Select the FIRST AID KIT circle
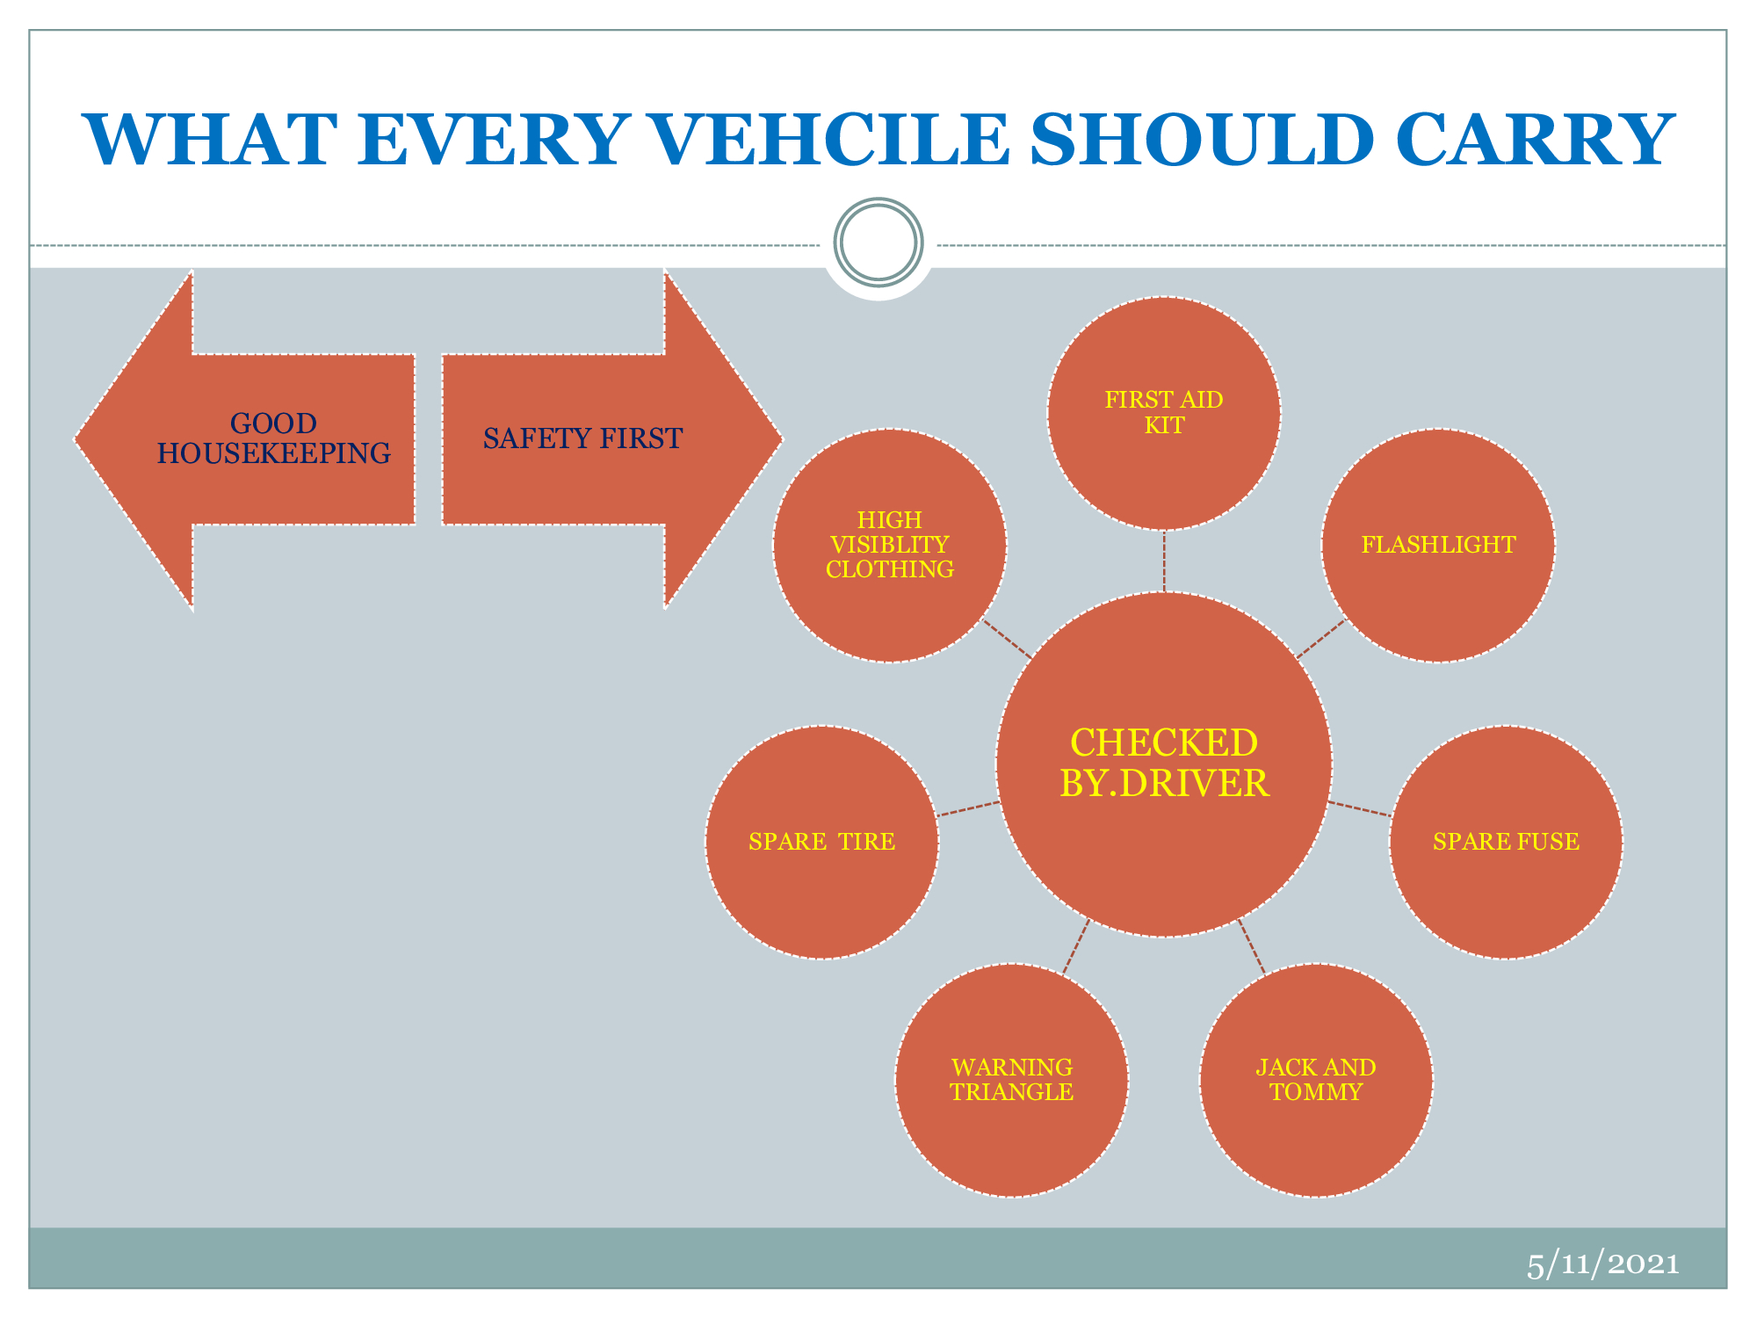pyautogui.click(x=1164, y=413)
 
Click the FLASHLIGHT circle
pyautogui.click(x=1438, y=545)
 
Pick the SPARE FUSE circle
pyautogui.click(x=1506, y=842)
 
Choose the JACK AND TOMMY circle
pyautogui.click(x=1316, y=1080)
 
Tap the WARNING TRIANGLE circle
pyautogui.click(x=1012, y=1080)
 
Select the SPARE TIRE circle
pyautogui.click(x=822, y=842)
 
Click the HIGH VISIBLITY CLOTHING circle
pyautogui.click(x=890, y=545)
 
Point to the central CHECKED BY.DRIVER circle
pyautogui.click(x=1164, y=764)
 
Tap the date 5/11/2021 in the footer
pyautogui.click(x=1602, y=1264)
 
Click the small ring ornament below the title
pyautogui.click(x=878, y=243)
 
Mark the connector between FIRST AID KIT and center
pyautogui.click(x=1164, y=561)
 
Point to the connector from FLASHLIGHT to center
pyautogui.click(x=1321, y=639)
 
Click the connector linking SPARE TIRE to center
pyautogui.click(x=969, y=809)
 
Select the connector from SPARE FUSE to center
pyautogui.click(x=1359, y=809)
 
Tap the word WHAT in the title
pyautogui.click(x=210, y=140)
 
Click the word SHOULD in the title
pyautogui.click(x=1201, y=140)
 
